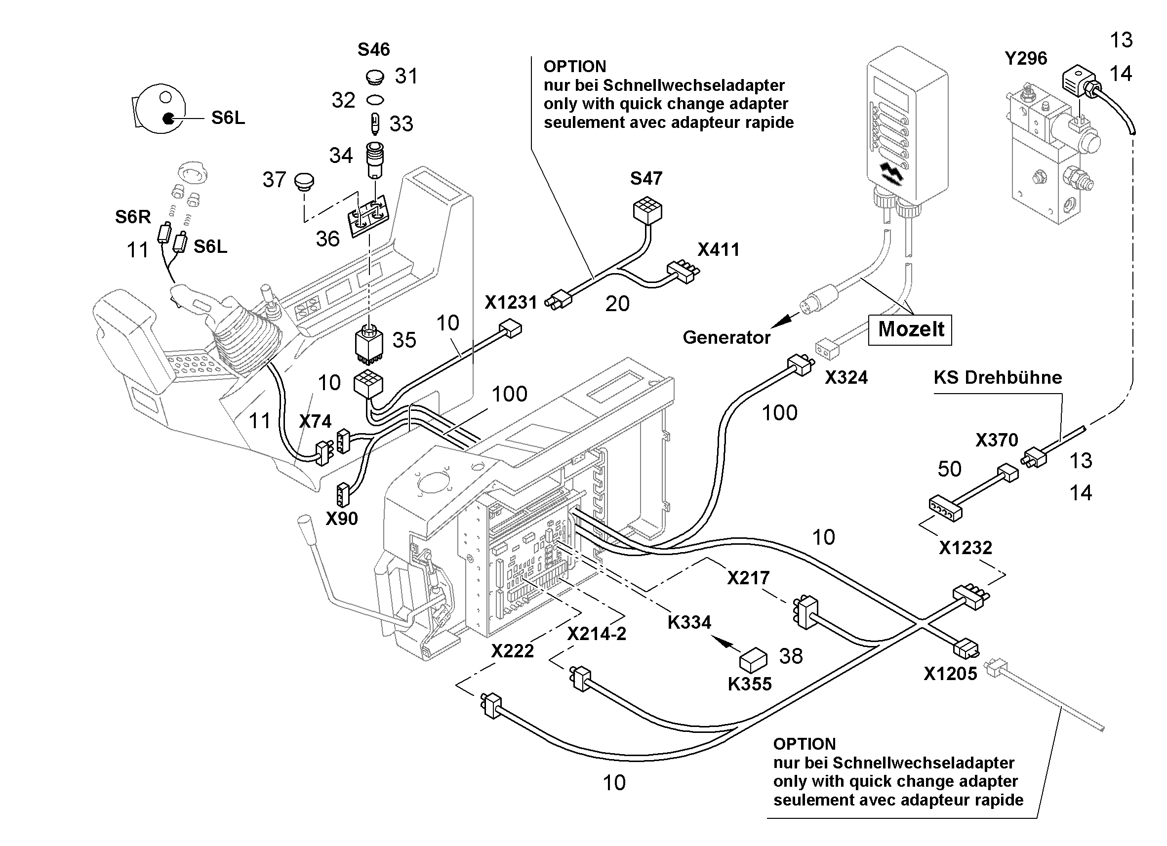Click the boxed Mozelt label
pos(910,329)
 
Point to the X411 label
pos(718,249)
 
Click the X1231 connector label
pos(511,302)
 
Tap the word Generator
pos(726,338)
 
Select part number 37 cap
pos(304,182)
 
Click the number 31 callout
pos(406,76)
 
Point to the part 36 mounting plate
pos(369,218)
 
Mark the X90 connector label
pos(342,519)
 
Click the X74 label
pos(316,421)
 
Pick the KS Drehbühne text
pos(998,378)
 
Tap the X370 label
pos(997,440)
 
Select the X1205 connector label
pos(950,674)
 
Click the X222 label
pos(513,651)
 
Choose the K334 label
pos(689,622)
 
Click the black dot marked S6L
pos(168,119)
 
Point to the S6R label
pos(133,217)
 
